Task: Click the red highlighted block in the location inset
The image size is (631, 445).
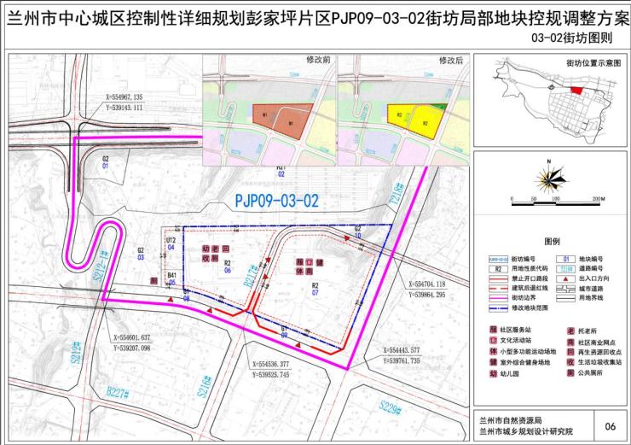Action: (578, 90)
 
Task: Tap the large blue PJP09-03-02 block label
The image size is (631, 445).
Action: (275, 202)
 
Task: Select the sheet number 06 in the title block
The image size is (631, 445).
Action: (609, 425)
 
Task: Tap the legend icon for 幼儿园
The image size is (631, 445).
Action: (492, 372)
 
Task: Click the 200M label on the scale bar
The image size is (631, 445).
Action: (595, 199)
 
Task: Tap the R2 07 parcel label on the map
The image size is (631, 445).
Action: (315, 290)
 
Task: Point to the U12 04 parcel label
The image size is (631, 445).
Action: (171, 244)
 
